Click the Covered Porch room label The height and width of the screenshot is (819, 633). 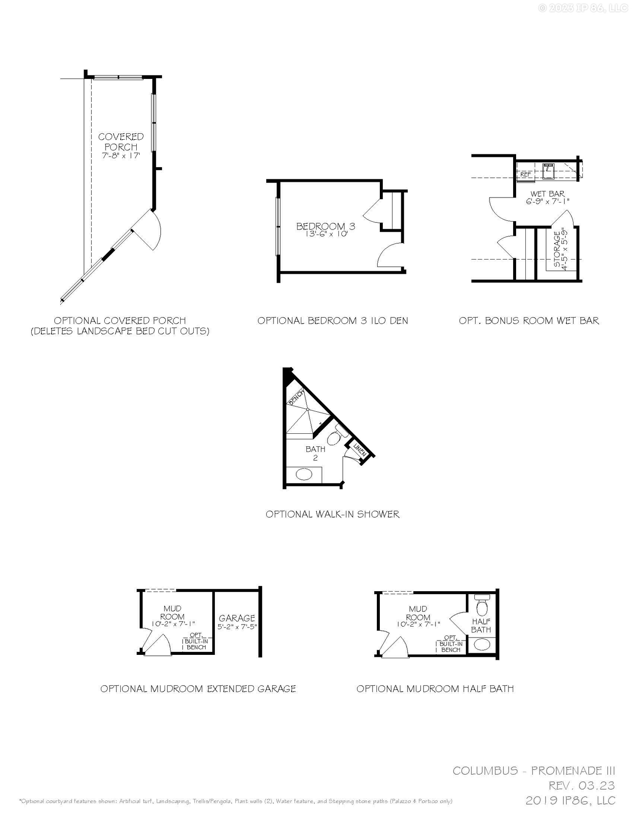[x=121, y=142]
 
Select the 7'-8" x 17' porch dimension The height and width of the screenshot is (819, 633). [x=121, y=156]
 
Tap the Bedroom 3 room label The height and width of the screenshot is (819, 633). [x=325, y=226]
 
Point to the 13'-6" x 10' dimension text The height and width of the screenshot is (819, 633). [x=325, y=234]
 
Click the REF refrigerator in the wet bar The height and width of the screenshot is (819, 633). [x=525, y=174]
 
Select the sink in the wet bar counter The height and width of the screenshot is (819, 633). [x=549, y=171]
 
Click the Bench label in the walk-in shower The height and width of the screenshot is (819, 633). [x=296, y=397]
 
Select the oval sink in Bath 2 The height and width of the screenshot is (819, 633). [x=304, y=475]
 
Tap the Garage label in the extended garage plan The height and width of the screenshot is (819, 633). [x=237, y=618]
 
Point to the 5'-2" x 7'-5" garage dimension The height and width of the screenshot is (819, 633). [x=237, y=627]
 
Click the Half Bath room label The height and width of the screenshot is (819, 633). [x=481, y=625]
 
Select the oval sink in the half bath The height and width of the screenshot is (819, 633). [x=482, y=644]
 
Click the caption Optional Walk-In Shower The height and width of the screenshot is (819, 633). [x=333, y=514]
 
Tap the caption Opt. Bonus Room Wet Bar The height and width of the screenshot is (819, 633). [x=529, y=321]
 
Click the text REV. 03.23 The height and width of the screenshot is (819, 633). [x=582, y=786]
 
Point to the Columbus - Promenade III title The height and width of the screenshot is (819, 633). [x=534, y=771]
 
